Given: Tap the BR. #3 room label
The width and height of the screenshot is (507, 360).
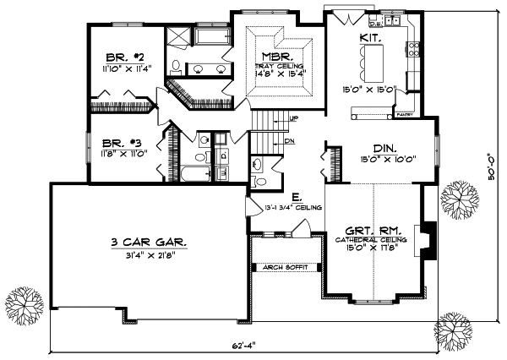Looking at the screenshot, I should pyautogui.click(x=118, y=143).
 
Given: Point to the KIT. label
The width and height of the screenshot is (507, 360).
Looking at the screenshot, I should pyautogui.click(x=369, y=39).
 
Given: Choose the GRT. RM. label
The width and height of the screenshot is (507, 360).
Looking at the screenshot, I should pyautogui.click(x=374, y=230).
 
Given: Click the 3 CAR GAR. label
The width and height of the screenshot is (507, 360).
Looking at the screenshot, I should pyautogui.click(x=149, y=242).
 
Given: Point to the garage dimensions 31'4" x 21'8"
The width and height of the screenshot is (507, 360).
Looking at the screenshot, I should pyautogui.click(x=149, y=254).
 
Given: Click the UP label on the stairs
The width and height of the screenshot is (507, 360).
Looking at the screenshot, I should pyautogui.click(x=293, y=117).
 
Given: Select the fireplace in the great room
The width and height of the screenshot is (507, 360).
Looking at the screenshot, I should pyautogui.click(x=428, y=238).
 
